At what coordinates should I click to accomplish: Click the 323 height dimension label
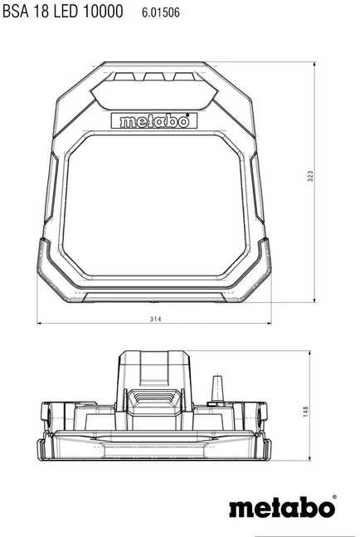click(310, 176)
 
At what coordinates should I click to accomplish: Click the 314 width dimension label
click(155, 319)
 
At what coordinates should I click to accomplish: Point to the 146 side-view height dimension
click(305, 411)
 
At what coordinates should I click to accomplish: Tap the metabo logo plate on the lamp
click(154, 121)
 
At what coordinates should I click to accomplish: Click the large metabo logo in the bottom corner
click(281, 507)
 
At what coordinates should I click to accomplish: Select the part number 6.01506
click(160, 12)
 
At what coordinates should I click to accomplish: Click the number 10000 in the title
click(103, 12)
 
